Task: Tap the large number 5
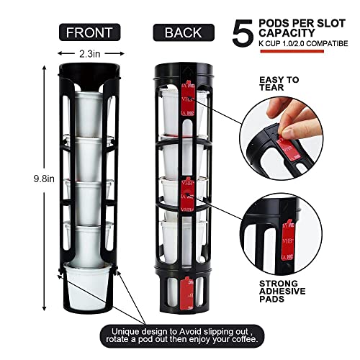tap(243, 32)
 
